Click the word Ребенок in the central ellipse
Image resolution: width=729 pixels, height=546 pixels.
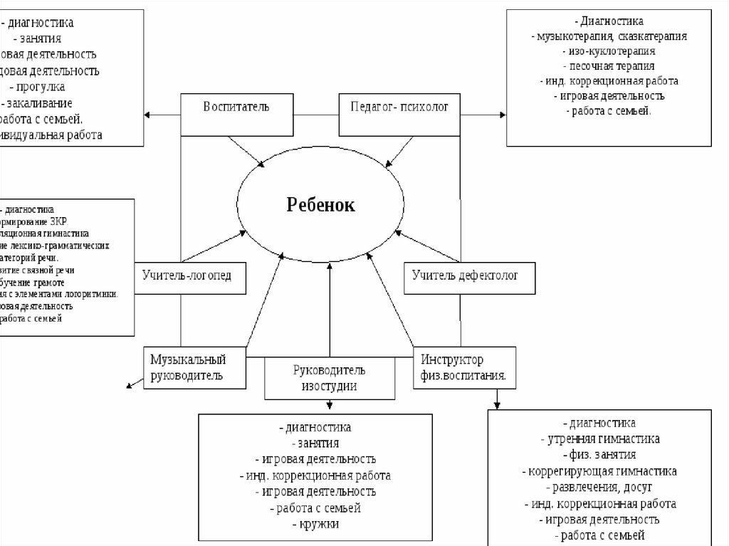pos(320,204)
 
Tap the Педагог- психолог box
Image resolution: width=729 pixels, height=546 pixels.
pos(397,114)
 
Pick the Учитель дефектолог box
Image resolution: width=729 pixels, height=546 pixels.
pos(471,273)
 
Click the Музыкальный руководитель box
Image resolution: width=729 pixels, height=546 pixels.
pos(194,367)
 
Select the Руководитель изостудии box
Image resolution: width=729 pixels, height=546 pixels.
pos(329,378)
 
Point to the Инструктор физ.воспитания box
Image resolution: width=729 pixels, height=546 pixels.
pos(463,367)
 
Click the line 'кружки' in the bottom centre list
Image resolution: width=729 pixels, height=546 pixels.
pos(315,524)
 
